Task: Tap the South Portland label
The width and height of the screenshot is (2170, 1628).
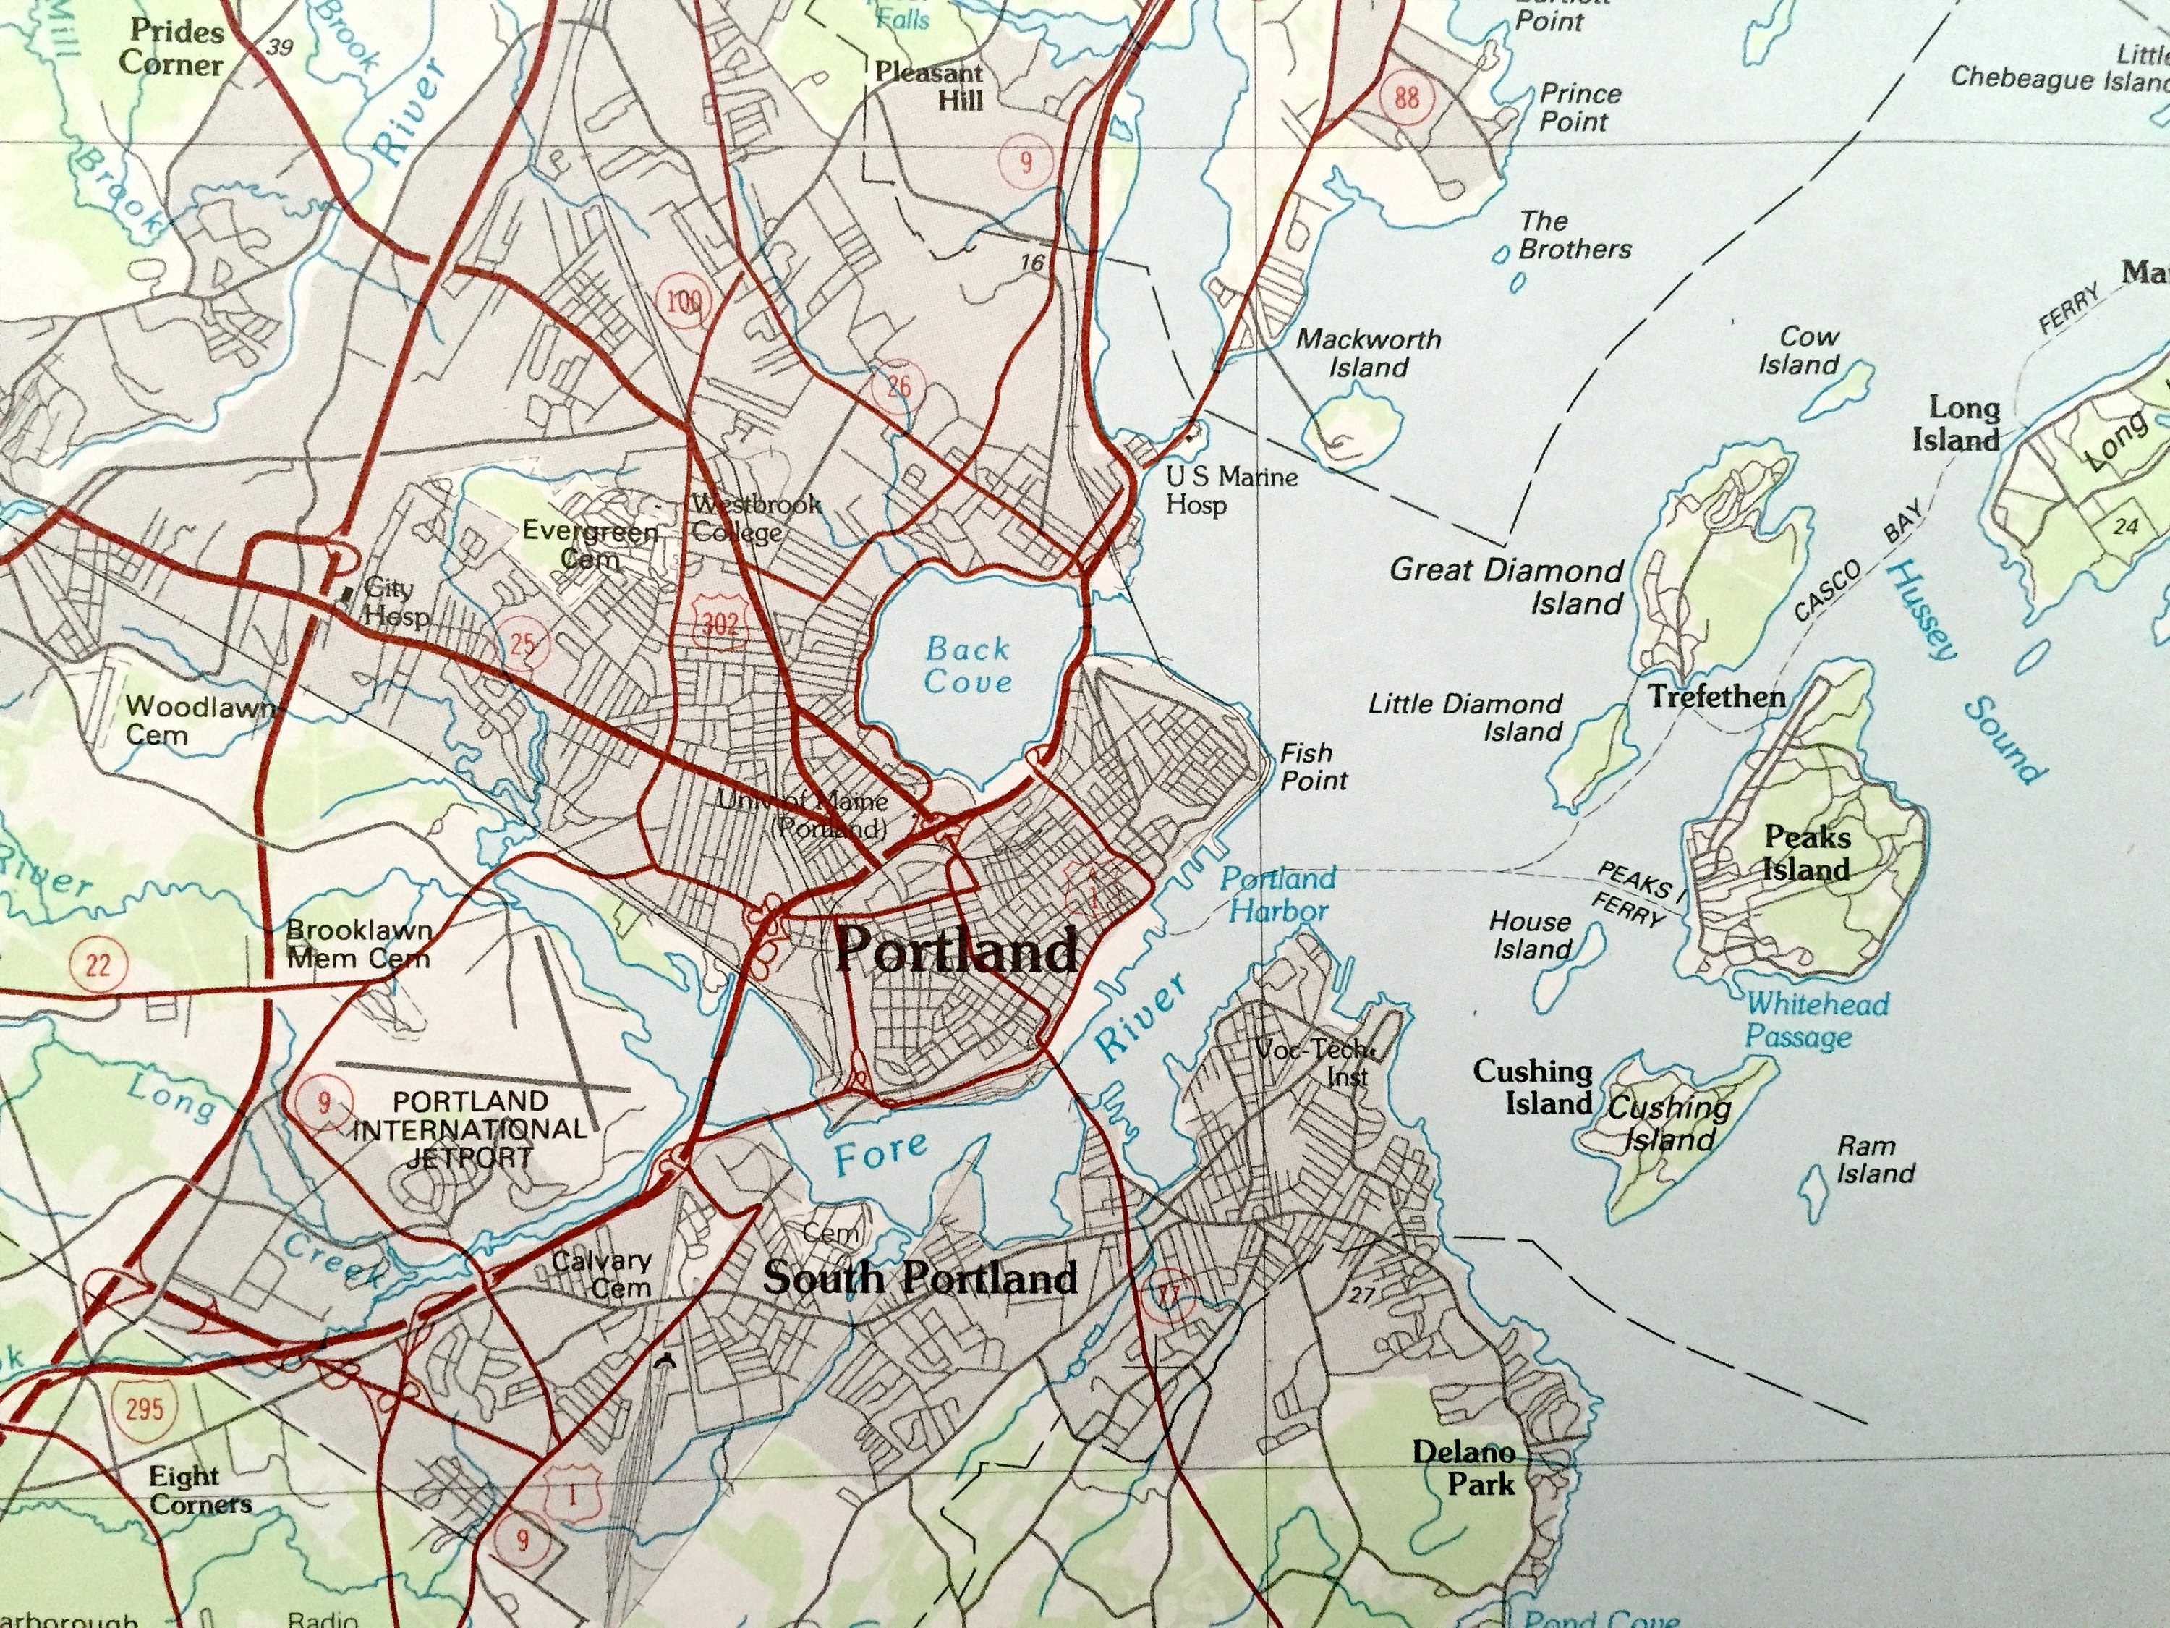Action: [x=920, y=1278]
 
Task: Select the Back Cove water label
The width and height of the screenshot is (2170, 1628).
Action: [x=967, y=666]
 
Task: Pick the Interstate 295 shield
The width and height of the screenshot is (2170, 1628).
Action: [x=144, y=1409]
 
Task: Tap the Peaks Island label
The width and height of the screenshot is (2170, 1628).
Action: [x=1806, y=853]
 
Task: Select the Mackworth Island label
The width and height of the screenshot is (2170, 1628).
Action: [x=1369, y=353]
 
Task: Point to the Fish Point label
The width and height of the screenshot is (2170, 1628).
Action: [x=1314, y=766]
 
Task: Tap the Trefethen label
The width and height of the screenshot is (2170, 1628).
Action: [x=1716, y=697]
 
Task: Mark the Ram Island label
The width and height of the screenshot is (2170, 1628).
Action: [x=1875, y=1159]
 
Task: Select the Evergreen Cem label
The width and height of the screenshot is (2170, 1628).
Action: [x=590, y=545]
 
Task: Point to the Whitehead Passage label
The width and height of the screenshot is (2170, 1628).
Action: [x=1816, y=1019]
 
